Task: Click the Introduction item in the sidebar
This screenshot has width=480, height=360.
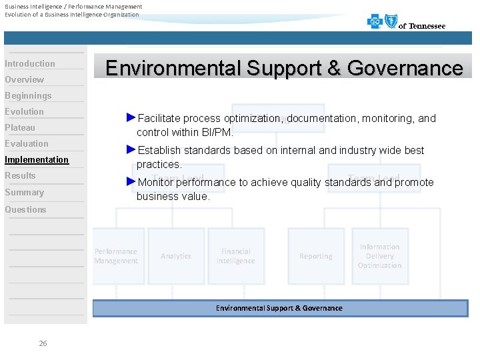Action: [30, 63]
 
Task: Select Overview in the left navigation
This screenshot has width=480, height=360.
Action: [25, 79]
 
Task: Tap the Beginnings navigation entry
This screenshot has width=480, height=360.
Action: [28, 95]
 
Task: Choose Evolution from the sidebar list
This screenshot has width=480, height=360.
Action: [25, 111]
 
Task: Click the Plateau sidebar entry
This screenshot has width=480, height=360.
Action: [20, 127]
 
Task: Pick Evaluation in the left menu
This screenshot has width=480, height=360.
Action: [27, 143]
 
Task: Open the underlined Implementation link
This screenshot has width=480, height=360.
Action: [37, 159]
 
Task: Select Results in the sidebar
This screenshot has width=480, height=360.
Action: [20, 175]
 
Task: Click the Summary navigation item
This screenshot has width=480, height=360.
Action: [25, 192]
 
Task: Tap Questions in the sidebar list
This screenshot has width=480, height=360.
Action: [26, 209]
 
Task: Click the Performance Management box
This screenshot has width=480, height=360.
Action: [117, 256]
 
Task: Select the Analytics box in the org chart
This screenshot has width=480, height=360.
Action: [176, 256]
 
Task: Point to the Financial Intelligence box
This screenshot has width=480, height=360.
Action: [236, 256]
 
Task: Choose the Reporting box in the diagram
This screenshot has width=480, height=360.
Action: [316, 256]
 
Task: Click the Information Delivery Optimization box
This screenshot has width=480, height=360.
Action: [380, 256]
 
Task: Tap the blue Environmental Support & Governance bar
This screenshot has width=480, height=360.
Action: [280, 308]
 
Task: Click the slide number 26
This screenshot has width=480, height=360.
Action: [43, 343]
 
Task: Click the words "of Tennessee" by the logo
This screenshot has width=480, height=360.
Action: [422, 26]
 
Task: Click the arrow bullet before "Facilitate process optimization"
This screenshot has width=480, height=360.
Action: [131, 117]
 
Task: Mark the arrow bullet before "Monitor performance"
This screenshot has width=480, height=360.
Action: [131, 181]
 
